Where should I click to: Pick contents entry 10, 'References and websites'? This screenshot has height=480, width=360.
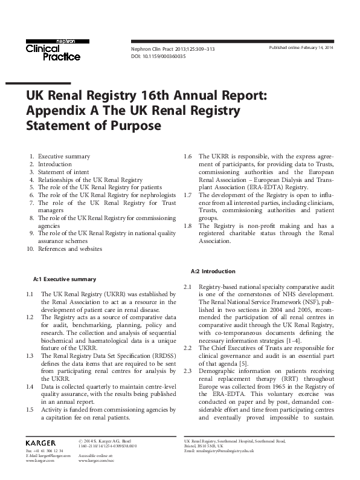(x=69, y=248)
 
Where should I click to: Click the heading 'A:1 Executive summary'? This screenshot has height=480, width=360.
(x=64, y=279)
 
